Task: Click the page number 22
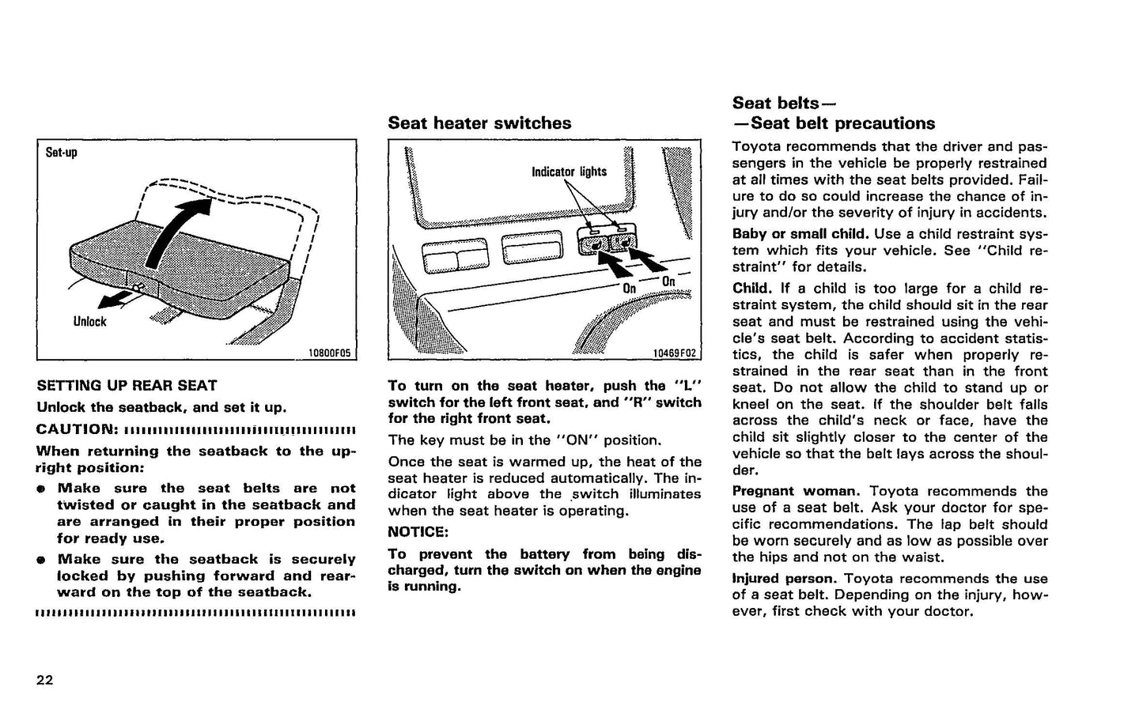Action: coord(44,680)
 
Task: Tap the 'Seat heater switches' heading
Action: coord(479,123)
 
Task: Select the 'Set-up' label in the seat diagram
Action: coord(61,152)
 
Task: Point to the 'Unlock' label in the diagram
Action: coord(89,322)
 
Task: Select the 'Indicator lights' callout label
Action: coord(569,172)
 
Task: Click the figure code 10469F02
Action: coord(675,353)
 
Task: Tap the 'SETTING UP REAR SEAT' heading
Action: coord(127,386)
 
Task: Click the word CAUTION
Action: coord(76,429)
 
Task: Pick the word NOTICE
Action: coord(418,532)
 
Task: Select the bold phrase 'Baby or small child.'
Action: coord(800,234)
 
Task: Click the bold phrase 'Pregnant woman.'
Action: coord(795,491)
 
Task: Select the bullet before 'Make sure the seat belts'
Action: coord(40,489)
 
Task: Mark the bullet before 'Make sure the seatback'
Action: coord(40,560)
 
